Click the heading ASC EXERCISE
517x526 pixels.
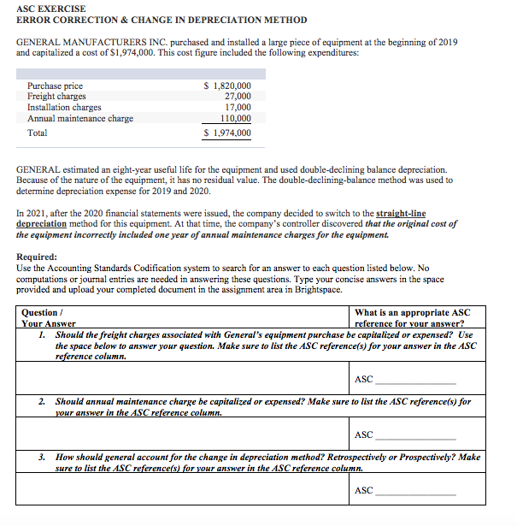[x=50, y=9]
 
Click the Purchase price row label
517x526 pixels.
[x=56, y=86]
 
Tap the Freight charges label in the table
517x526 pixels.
[x=56, y=97]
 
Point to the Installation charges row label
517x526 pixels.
[x=64, y=108]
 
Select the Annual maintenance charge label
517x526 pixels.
[x=80, y=118]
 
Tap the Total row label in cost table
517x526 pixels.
[x=38, y=133]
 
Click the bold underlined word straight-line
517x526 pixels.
[x=402, y=213]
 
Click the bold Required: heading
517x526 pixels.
[x=38, y=257]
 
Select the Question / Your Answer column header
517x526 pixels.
[x=48, y=318]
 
